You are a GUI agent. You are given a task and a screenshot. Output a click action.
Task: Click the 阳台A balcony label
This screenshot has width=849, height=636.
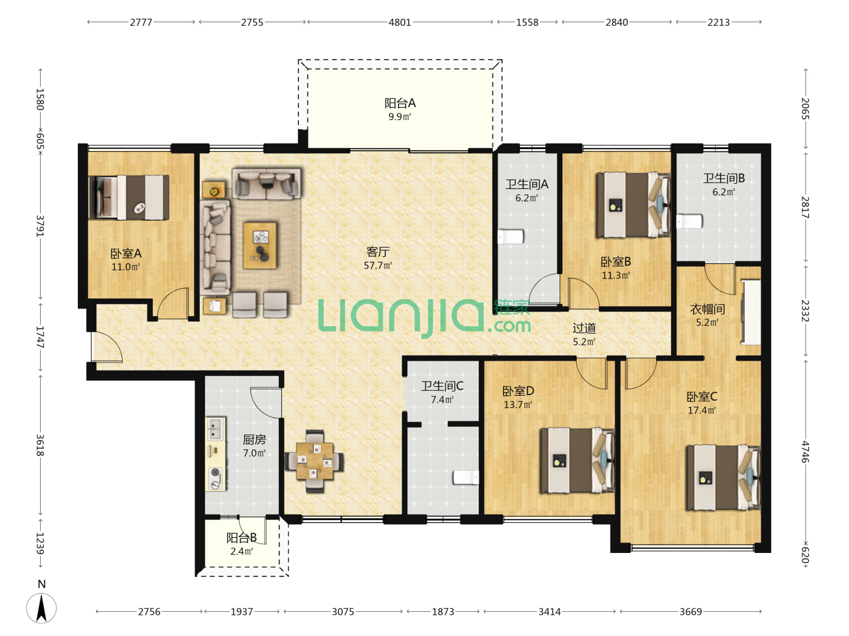point(400,103)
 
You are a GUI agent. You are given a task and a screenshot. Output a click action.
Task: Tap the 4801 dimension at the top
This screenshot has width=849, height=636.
point(400,22)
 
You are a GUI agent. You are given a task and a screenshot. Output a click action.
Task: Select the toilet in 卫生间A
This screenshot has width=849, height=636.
point(511,237)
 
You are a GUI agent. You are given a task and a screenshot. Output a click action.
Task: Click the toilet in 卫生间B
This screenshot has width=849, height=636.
point(689,221)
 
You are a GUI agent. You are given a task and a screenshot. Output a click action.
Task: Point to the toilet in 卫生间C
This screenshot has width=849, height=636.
point(466,477)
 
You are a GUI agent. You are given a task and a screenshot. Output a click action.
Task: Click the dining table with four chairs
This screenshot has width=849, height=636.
point(314,461)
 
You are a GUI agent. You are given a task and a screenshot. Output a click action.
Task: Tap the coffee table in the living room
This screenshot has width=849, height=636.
point(259,245)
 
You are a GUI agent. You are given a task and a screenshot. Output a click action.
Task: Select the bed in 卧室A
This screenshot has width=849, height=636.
point(129,198)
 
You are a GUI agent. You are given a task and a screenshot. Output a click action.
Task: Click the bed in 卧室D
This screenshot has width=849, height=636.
point(577,460)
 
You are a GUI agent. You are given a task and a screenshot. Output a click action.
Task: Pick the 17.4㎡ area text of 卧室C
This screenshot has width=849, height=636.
point(701,410)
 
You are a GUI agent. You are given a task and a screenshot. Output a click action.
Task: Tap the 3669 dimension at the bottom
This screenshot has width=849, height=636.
point(690,612)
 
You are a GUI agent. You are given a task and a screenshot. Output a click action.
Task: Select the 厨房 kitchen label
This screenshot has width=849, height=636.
point(254,439)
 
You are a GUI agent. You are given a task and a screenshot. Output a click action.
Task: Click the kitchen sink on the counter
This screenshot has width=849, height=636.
point(215,429)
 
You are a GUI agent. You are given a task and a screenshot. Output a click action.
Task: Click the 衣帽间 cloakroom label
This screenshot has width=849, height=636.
point(707,309)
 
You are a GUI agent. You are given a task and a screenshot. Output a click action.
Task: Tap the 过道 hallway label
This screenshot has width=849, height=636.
point(584,328)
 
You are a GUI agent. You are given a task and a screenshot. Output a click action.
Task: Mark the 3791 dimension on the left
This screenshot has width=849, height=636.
point(40,226)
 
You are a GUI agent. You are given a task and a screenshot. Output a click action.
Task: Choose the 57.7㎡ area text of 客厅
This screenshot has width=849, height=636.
point(378,265)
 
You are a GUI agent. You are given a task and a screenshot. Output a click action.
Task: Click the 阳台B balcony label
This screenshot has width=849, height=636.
point(241,538)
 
